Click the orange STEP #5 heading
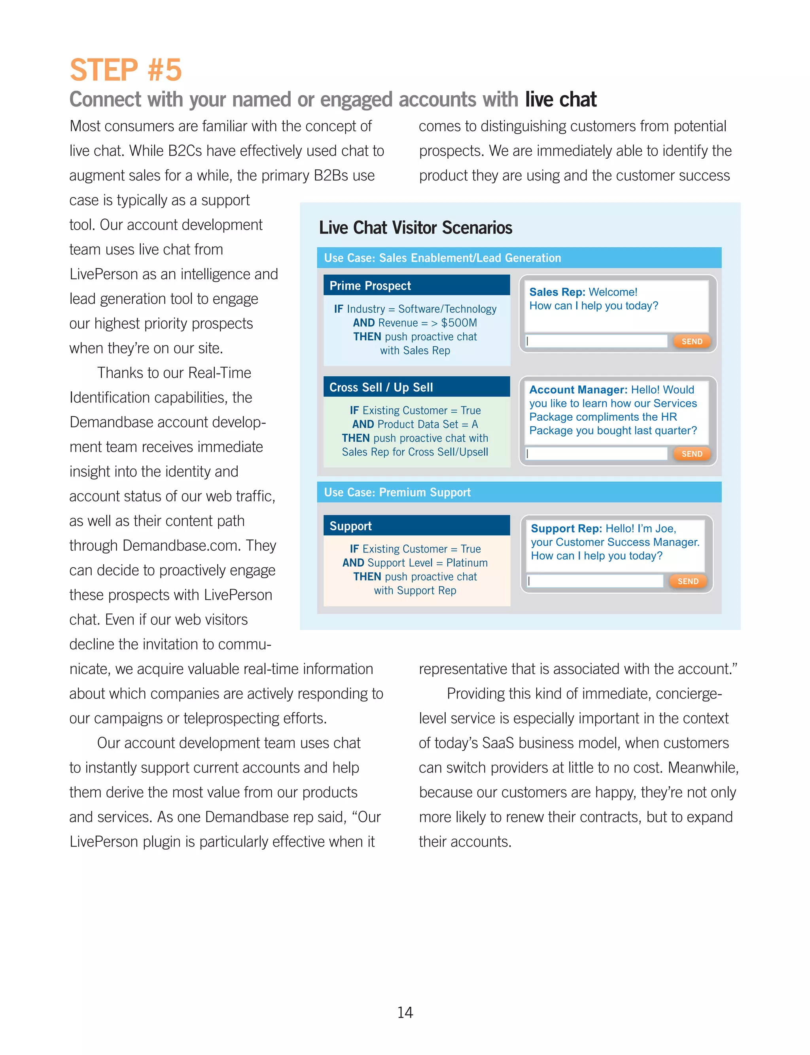pyautogui.click(x=125, y=70)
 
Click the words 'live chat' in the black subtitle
pyautogui.click(x=560, y=99)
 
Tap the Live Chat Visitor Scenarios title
pyautogui.click(x=415, y=228)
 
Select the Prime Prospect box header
pyautogui.click(x=416, y=286)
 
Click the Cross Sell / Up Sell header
pyautogui.click(x=416, y=387)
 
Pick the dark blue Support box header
pyautogui.click(x=416, y=526)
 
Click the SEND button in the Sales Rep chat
pyautogui.click(x=691, y=342)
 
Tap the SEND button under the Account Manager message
pyautogui.click(x=691, y=454)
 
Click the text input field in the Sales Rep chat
pyautogui.click(x=596, y=342)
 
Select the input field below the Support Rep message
pyautogui.click(x=596, y=581)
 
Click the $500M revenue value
pyautogui.click(x=459, y=323)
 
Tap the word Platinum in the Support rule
pyautogui.click(x=467, y=563)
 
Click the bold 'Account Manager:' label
pyautogui.click(x=578, y=390)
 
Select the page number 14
pyautogui.click(x=405, y=1012)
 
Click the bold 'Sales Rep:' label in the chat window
pyautogui.click(x=557, y=292)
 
